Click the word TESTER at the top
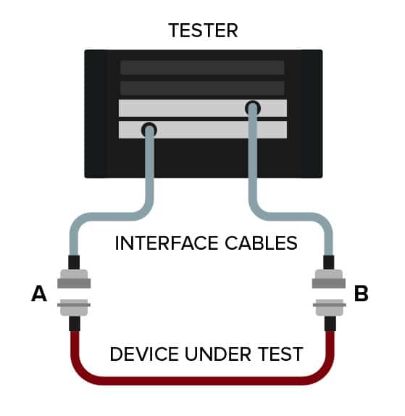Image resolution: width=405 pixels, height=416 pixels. [203, 30]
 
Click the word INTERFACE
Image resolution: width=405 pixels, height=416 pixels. [166, 243]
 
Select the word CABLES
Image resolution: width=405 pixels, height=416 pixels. [261, 243]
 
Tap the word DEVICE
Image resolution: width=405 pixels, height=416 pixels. [144, 354]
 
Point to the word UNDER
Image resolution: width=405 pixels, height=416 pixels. [217, 354]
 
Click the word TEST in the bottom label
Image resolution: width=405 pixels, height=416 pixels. [280, 354]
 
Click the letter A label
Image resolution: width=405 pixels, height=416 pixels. [39, 294]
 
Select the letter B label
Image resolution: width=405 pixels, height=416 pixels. [361, 294]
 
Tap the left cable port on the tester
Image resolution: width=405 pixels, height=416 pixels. [149, 130]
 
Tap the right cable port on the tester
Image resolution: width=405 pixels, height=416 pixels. [253, 108]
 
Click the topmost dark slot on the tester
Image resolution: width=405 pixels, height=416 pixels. [202, 68]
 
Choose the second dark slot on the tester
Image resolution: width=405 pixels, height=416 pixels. [202, 88]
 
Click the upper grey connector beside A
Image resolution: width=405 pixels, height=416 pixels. [74, 279]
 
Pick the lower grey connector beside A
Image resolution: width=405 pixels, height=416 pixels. [74, 307]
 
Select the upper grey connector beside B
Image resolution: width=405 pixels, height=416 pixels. [329, 279]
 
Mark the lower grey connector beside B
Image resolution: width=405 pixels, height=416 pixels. [330, 307]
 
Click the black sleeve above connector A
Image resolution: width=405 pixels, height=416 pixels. [74, 262]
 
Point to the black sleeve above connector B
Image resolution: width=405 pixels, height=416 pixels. [329, 262]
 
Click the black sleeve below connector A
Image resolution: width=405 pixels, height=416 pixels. [75, 323]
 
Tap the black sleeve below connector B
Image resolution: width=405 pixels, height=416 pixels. [330, 323]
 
